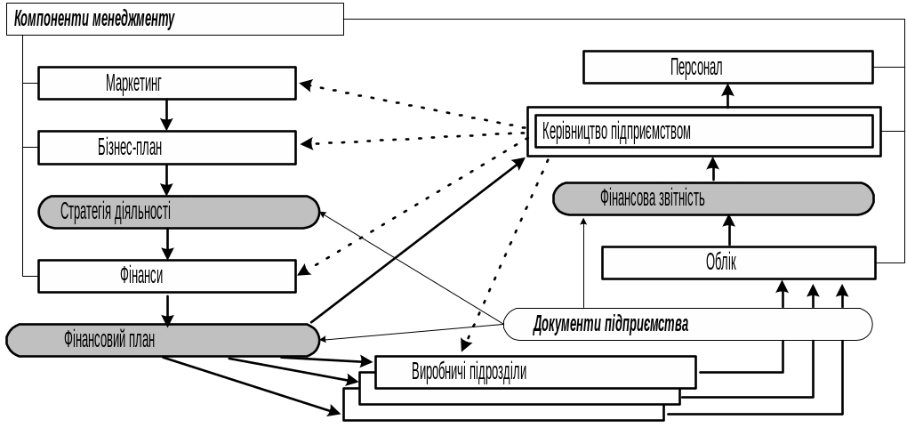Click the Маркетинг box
(x=167, y=84)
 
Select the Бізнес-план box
(x=167, y=148)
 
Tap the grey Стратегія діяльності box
(x=178, y=212)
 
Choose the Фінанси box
(x=167, y=277)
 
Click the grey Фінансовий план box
(x=162, y=340)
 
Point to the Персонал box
(x=728, y=67)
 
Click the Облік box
(x=738, y=262)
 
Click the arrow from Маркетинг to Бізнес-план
(x=167, y=115)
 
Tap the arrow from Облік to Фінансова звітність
(x=729, y=230)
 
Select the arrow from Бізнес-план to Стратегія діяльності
(x=167, y=179)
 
